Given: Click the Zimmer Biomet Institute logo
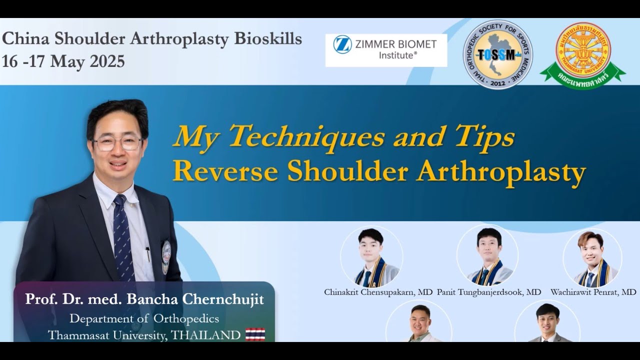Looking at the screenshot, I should coord(386,50).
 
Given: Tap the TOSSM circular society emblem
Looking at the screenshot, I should coord(497,54).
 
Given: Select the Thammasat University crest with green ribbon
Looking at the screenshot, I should coord(583,55).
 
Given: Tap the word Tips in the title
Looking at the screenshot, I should coord(484,136).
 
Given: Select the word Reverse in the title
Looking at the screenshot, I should coord(225,171).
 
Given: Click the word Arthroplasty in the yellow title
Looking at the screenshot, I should coord(500,172).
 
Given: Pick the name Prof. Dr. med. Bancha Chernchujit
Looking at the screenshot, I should coord(144,299).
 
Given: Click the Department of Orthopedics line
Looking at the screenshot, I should coord(144,318).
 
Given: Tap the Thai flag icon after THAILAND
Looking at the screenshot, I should coord(255,335).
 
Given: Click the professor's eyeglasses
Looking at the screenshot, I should coord(117,143).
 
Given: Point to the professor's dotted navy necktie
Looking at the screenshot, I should coord(122,235).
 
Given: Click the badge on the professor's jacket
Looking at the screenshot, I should coord(166,256).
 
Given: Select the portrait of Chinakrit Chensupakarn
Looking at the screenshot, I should coord(371,256).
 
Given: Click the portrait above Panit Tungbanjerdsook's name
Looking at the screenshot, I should coord(487,255).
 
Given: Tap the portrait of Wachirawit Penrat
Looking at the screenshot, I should coord(593,257).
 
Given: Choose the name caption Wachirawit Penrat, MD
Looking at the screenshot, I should coord(593,292).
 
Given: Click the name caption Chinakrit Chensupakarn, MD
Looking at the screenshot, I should coord(378,292).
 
